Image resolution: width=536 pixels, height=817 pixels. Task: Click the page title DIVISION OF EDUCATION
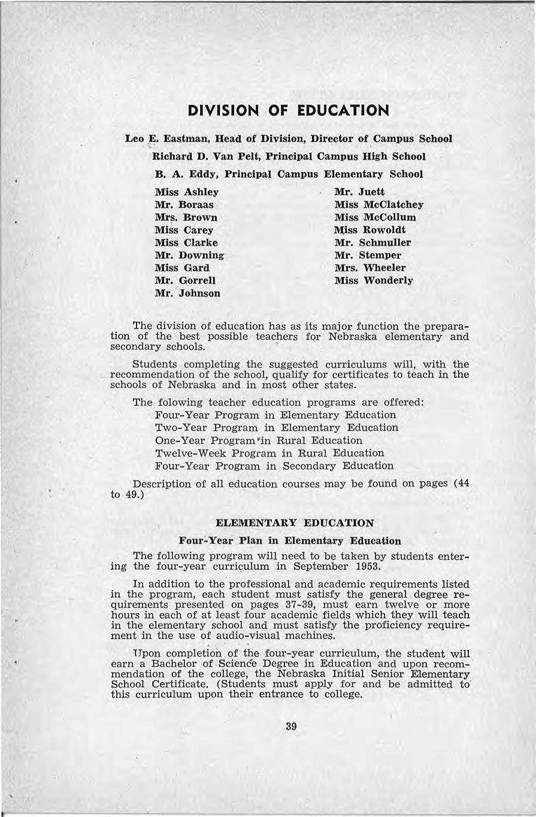(x=288, y=111)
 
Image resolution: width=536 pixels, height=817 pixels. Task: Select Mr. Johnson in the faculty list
(x=187, y=293)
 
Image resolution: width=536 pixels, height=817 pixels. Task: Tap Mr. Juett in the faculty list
(x=359, y=192)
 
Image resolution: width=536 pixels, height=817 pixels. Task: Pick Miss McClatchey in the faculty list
(x=378, y=205)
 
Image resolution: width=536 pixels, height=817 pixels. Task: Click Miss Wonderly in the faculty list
(x=373, y=280)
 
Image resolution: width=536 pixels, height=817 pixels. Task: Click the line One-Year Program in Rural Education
(x=259, y=440)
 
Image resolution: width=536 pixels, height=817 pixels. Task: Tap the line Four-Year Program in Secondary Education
(x=274, y=466)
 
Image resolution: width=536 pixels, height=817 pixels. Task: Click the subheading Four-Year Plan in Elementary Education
(x=290, y=541)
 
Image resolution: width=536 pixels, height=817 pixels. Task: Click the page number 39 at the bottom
(x=292, y=727)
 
